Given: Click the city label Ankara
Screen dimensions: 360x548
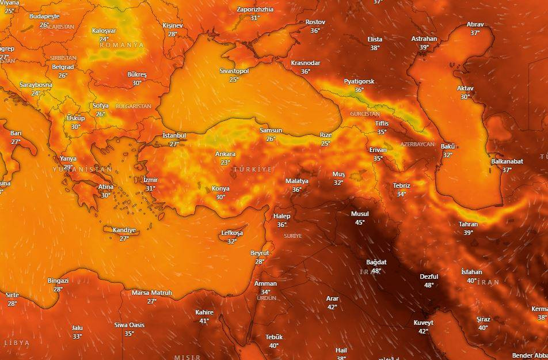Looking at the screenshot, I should (225, 154).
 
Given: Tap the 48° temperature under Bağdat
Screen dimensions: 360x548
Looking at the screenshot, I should (376, 271).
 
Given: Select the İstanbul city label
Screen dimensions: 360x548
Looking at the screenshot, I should (174, 135).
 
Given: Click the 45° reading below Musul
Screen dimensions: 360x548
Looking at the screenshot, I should (360, 222).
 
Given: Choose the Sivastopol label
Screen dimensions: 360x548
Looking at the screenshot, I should (234, 71).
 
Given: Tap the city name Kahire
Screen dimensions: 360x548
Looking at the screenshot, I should (204, 312).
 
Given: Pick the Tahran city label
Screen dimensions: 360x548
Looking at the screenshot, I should (468, 224).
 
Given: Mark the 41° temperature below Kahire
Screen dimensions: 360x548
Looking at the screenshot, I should (204, 321).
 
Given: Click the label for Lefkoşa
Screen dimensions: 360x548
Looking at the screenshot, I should (232, 233).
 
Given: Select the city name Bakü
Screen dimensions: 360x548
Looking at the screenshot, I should (448, 146).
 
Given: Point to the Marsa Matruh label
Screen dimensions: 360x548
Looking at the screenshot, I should (152, 293).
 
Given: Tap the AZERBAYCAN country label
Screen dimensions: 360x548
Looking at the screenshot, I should (417, 144).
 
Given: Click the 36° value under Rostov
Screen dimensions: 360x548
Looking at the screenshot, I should (315, 31).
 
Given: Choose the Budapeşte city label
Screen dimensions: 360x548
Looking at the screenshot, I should (44, 16).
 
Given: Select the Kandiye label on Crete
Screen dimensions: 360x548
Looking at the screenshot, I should (124, 230).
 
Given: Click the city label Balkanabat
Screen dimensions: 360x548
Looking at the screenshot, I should (507, 161).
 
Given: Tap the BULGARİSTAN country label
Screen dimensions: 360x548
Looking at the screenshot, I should (133, 107).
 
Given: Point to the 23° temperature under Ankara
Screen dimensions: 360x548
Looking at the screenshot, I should (225, 162).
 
